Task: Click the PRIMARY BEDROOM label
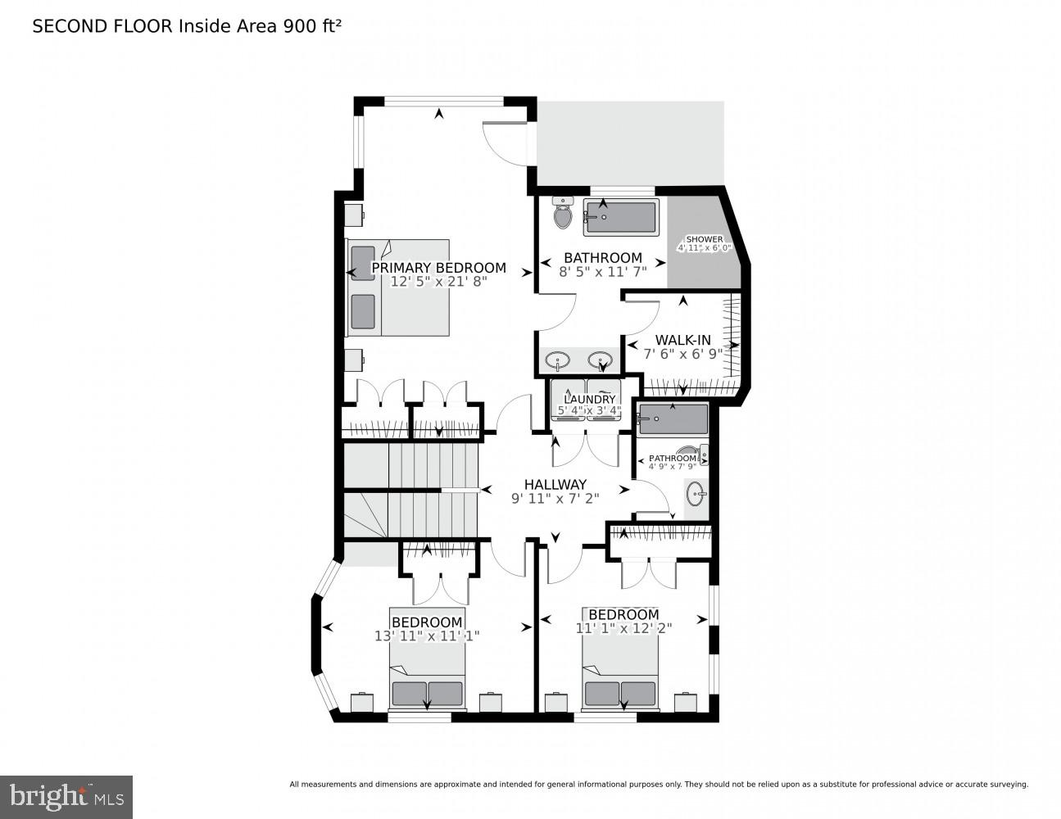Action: point(438,268)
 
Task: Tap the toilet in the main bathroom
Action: point(562,214)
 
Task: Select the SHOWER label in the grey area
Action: point(704,239)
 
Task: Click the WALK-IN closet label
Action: point(682,340)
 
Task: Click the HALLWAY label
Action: point(555,484)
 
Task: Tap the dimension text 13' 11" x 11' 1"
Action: point(427,636)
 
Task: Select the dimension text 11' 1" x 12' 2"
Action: point(623,628)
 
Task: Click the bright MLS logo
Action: point(66,797)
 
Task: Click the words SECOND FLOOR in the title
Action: point(102,26)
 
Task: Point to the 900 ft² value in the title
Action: point(312,26)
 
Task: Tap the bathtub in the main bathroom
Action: point(621,217)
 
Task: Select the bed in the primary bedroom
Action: point(399,287)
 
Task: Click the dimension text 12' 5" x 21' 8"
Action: point(438,282)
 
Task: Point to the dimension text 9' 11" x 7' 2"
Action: point(555,497)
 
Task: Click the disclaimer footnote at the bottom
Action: point(658,785)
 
